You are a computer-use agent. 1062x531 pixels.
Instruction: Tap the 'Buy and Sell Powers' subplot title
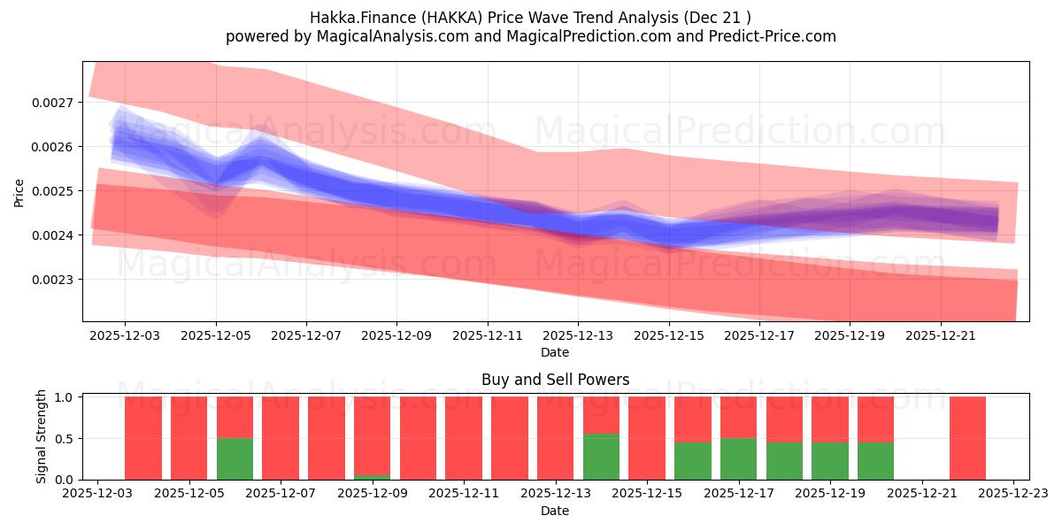point(555,380)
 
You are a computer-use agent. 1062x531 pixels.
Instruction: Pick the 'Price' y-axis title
point(19,192)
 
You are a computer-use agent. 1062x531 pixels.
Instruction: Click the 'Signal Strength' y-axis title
point(42,437)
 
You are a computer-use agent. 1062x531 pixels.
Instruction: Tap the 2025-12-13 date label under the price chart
point(578,336)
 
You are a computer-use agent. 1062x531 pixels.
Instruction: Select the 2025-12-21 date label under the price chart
point(940,336)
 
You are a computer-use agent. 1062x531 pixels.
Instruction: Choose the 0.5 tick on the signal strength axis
point(66,439)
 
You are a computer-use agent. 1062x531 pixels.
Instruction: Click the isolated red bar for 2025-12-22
point(967,438)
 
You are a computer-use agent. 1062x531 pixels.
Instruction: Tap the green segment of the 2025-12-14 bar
point(601,457)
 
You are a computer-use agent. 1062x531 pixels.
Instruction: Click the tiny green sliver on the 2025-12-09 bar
point(372,477)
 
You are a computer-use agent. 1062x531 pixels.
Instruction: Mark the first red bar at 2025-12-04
point(143,438)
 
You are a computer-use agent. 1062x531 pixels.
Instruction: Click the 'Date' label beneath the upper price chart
point(555,352)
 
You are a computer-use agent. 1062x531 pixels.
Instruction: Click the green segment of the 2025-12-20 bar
point(875,460)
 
